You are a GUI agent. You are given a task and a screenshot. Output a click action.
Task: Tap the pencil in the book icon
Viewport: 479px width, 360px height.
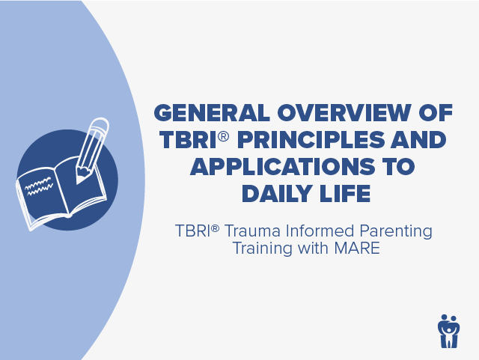point(91,150)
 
